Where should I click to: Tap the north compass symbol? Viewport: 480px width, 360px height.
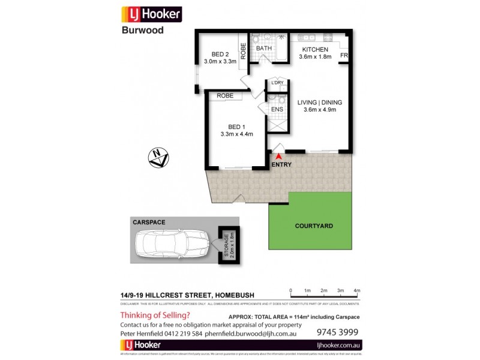click(x=159, y=159)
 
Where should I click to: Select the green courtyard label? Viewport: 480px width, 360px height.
click(x=314, y=226)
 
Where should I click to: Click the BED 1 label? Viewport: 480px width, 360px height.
click(x=237, y=127)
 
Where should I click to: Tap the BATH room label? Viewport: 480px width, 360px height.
click(x=264, y=49)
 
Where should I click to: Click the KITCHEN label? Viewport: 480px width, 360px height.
click(x=315, y=49)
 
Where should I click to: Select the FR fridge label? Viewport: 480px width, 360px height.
click(x=344, y=57)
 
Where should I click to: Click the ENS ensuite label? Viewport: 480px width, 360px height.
click(x=277, y=109)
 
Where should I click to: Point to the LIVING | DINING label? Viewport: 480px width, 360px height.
click(x=320, y=102)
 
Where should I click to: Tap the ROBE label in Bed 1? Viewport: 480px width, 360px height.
click(x=225, y=95)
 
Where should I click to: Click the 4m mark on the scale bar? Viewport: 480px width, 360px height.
click(x=356, y=290)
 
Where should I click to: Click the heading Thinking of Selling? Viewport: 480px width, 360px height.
click(x=155, y=316)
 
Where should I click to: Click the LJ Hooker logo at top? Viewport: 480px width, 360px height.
click(x=151, y=14)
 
